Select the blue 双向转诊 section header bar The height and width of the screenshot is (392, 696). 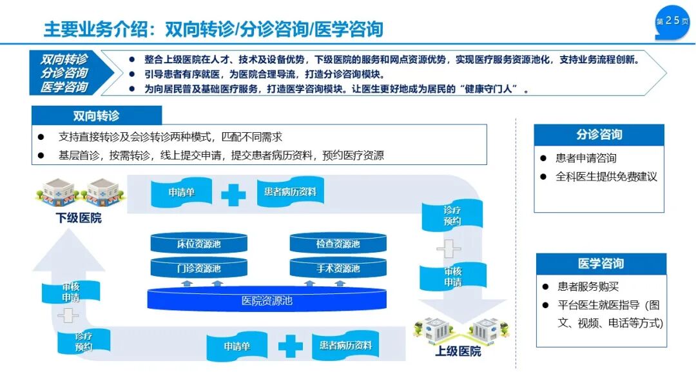[x=97, y=116]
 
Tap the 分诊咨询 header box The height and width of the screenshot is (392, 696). [x=599, y=135]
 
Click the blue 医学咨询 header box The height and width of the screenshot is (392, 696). [x=601, y=264]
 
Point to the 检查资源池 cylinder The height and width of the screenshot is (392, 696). [x=338, y=244]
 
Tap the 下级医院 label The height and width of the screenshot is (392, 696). [x=79, y=218]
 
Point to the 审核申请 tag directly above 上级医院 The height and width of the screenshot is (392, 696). [x=452, y=277]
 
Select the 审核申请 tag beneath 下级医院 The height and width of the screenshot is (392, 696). [x=71, y=292]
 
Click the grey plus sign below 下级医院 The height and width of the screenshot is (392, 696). [x=68, y=315]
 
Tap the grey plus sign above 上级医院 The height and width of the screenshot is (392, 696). [x=449, y=248]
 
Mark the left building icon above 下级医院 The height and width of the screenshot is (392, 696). [x=58, y=190]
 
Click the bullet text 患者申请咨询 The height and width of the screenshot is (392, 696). [x=586, y=158]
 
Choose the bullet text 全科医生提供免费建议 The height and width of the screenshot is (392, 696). [x=606, y=176]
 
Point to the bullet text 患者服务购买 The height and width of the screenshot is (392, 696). [x=588, y=287]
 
